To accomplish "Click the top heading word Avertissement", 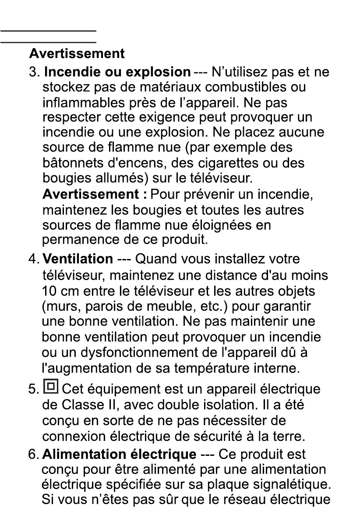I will (x=77, y=54).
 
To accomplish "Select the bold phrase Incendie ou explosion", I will (x=117, y=71).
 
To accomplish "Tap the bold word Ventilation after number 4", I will (x=78, y=259).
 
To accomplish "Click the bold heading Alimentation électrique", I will (x=119, y=454).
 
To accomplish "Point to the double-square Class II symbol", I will (x=51, y=387).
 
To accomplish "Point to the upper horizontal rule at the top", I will (x=48, y=31).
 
